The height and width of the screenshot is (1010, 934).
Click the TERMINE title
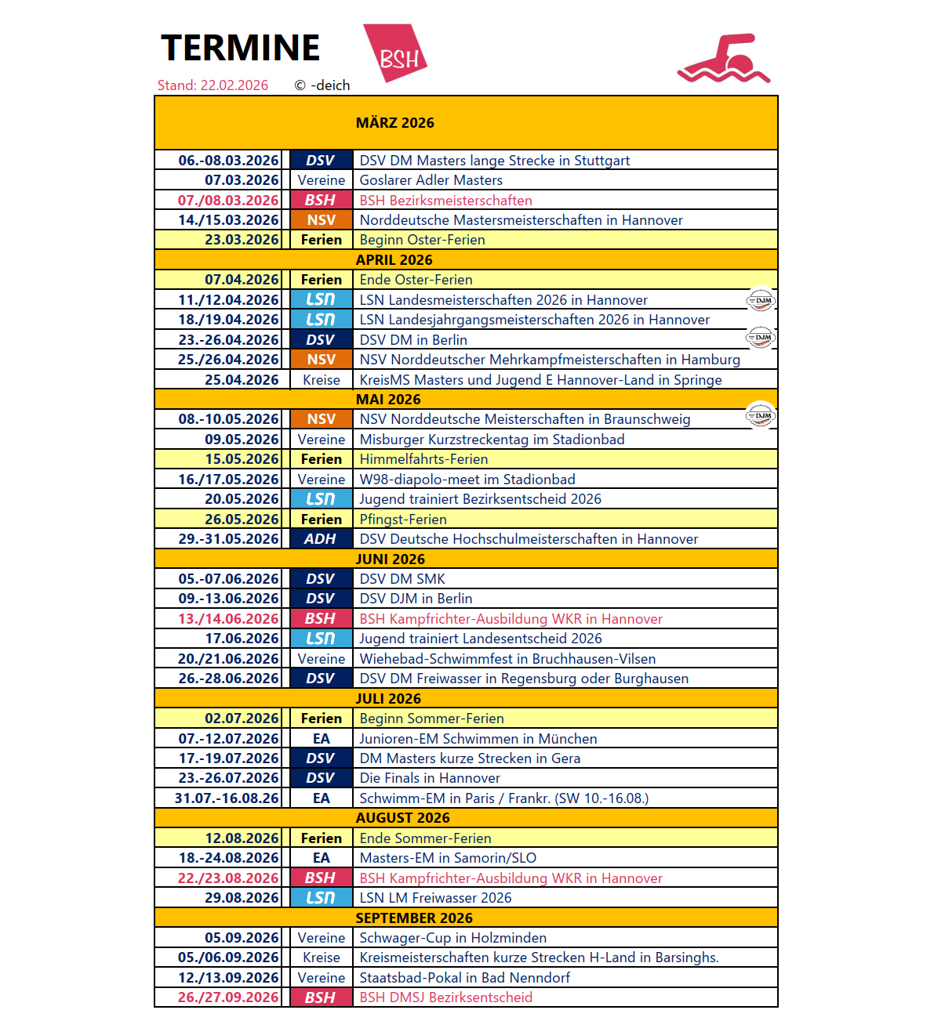click(240, 48)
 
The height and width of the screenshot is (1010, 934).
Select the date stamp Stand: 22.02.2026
click(213, 85)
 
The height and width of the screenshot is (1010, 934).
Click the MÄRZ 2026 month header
click(394, 123)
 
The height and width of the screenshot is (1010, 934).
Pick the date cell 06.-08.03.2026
click(228, 161)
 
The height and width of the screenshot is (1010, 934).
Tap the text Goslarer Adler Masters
click(431, 180)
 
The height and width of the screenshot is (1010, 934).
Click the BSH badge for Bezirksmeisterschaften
click(321, 201)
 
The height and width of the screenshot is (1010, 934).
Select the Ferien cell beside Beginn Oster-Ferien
click(321, 240)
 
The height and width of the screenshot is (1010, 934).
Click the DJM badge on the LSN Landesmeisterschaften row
click(760, 300)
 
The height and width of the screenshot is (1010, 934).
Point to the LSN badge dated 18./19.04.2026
click(321, 320)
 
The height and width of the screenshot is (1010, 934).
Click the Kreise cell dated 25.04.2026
click(321, 380)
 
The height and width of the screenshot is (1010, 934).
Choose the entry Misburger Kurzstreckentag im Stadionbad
click(492, 440)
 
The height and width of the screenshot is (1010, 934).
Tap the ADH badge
click(321, 539)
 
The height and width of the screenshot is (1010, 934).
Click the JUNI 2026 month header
click(390, 559)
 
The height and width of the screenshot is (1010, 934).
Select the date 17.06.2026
click(242, 639)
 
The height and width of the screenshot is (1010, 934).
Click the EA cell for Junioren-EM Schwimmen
click(321, 739)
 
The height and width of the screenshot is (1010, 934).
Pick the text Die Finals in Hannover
click(430, 778)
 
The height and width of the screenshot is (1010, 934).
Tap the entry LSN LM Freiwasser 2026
click(435, 898)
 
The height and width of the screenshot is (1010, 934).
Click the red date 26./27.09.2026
click(228, 997)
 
